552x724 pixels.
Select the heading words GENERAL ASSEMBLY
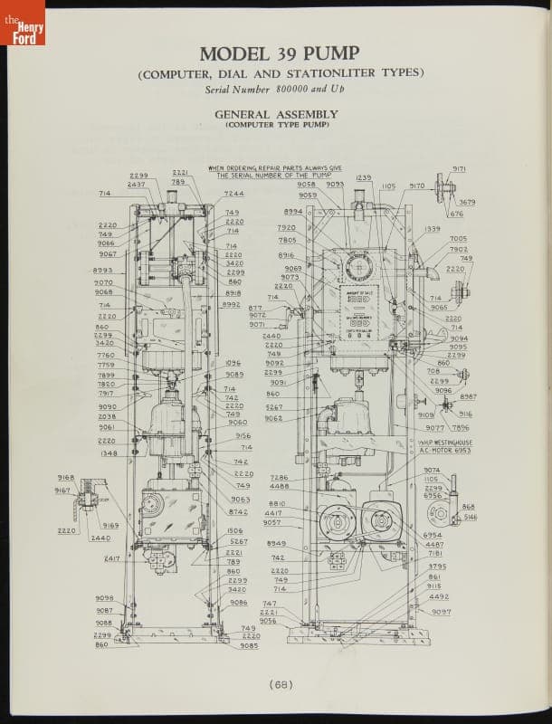(x=275, y=114)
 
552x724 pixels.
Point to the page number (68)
(x=279, y=684)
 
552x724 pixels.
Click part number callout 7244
(x=233, y=194)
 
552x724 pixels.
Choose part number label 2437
(x=136, y=184)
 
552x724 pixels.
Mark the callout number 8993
(x=102, y=270)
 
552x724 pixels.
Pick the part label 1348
(x=109, y=453)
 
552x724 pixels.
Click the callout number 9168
(x=65, y=477)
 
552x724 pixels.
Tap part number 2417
(x=112, y=558)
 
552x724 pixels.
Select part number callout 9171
(x=459, y=168)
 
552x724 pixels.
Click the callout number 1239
(x=364, y=177)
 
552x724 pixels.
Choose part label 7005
(x=458, y=239)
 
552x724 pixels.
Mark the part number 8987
(x=467, y=396)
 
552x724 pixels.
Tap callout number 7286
(x=279, y=477)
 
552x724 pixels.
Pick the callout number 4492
(x=438, y=596)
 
